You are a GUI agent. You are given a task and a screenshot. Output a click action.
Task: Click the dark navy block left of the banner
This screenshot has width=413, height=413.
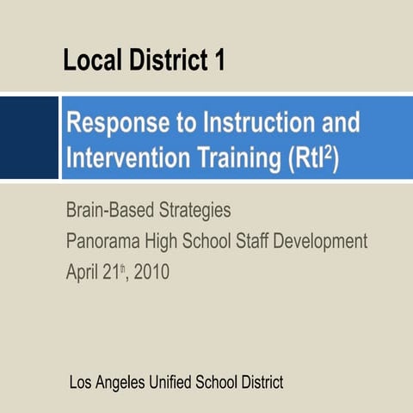click(x=28, y=138)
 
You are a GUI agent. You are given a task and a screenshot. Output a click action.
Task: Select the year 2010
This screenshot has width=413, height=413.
click(x=151, y=273)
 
